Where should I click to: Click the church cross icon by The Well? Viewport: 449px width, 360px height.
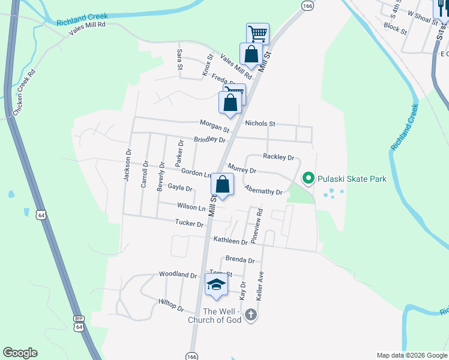coord(251,314)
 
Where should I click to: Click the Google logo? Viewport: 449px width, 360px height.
coord(20,353)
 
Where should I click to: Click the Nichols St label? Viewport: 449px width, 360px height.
coord(260,124)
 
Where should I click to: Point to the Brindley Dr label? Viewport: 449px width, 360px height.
coord(209,140)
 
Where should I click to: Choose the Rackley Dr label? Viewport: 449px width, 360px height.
coord(279,158)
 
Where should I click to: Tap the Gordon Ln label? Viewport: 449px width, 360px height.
coord(196,173)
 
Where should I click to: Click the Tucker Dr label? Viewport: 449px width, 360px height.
coord(190,222)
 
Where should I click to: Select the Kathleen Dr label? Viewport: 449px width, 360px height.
coord(231,241)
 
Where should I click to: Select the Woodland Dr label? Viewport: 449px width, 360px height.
coord(178,274)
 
